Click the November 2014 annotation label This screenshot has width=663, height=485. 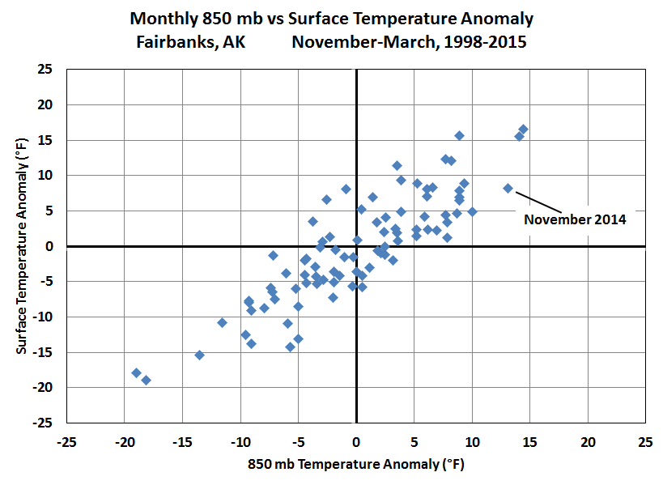coord(575,219)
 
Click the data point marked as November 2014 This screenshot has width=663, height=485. coord(508,188)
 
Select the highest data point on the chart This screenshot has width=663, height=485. coord(523,130)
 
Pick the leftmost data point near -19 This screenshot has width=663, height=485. coord(136,372)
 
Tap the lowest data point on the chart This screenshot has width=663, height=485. coord(146,380)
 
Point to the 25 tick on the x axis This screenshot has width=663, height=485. coord(645,443)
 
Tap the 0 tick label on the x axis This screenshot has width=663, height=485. coord(356,443)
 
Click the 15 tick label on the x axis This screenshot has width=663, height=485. coord(529,443)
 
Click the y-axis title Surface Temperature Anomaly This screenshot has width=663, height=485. coord(22,245)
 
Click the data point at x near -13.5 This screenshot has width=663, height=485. coord(199,355)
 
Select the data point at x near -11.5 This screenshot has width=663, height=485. coord(222,322)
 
